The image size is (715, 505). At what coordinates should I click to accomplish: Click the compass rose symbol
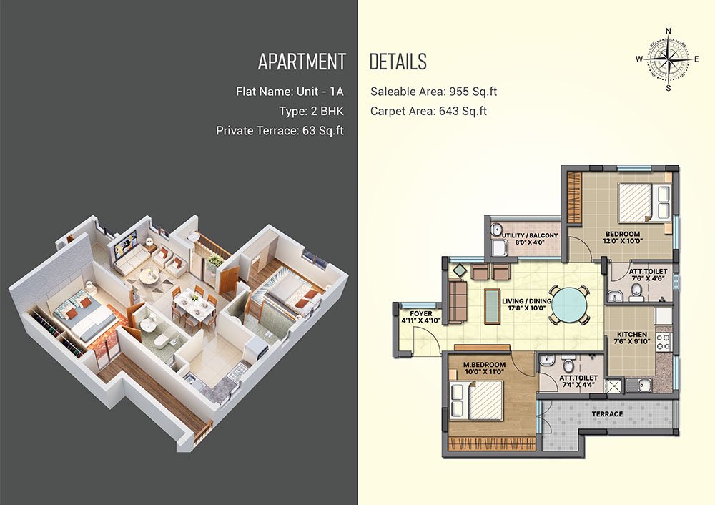coord(668,59)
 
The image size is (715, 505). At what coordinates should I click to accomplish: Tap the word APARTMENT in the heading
coord(302,62)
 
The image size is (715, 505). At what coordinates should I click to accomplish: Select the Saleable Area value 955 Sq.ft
coord(473,92)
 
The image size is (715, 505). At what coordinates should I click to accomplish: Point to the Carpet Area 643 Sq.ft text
coord(428,112)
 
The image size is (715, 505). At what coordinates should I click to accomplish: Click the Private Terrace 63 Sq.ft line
coord(280,131)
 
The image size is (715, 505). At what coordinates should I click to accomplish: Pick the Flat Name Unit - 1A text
coord(290,92)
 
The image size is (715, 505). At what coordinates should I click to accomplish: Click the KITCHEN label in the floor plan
coord(631,334)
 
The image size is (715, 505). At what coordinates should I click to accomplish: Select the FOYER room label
coord(421,314)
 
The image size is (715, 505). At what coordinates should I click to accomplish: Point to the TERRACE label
coord(607,414)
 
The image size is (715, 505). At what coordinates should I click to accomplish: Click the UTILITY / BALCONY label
coord(530,235)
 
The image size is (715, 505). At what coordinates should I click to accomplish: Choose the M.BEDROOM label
coord(484,365)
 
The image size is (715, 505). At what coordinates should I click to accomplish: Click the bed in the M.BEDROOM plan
coord(476,401)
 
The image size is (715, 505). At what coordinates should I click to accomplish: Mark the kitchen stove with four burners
coord(663,342)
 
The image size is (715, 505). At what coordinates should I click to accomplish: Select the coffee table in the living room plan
coord(492,307)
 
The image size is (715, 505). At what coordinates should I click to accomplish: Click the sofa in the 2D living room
coord(458,302)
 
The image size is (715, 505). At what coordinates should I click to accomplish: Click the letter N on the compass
coord(669,31)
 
